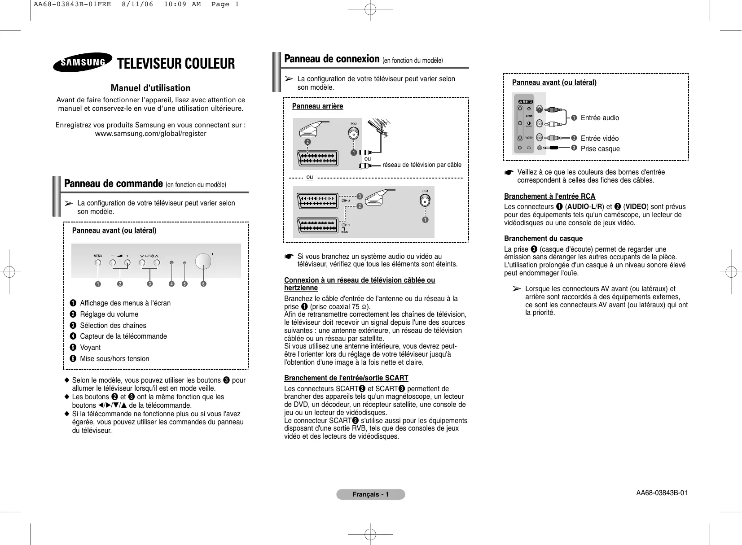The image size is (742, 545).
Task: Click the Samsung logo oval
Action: click(83, 62)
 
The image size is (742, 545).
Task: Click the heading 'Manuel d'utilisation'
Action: click(150, 88)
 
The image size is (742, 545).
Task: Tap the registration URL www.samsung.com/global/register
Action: click(151, 134)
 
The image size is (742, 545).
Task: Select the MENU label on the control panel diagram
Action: click(98, 256)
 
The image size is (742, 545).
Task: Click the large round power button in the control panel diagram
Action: click(203, 262)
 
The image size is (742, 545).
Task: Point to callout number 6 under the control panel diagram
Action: click(203, 284)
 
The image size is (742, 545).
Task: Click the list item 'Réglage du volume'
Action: click(109, 314)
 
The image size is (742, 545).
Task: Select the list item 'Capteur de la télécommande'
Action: click(123, 336)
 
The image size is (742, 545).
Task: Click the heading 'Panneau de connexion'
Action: click(332, 59)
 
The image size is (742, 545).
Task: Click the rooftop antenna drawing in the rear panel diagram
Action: click(380, 128)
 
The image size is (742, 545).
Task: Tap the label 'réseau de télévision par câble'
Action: click(422, 165)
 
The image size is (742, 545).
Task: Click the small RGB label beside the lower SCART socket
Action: click(344, 232)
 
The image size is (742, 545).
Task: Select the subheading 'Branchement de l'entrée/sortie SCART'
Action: click(346, 378)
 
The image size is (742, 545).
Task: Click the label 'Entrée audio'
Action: click(600, 118)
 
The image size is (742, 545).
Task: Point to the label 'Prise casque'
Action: click(600, 149)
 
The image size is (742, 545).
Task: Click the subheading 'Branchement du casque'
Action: click(543, 239)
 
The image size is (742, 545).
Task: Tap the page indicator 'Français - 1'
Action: click(371, 494)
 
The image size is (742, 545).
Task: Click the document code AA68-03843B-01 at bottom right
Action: click(661, 493)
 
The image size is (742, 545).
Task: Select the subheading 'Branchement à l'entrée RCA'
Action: click(549, 196)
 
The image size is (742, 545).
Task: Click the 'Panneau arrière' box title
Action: click(317, 106)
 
